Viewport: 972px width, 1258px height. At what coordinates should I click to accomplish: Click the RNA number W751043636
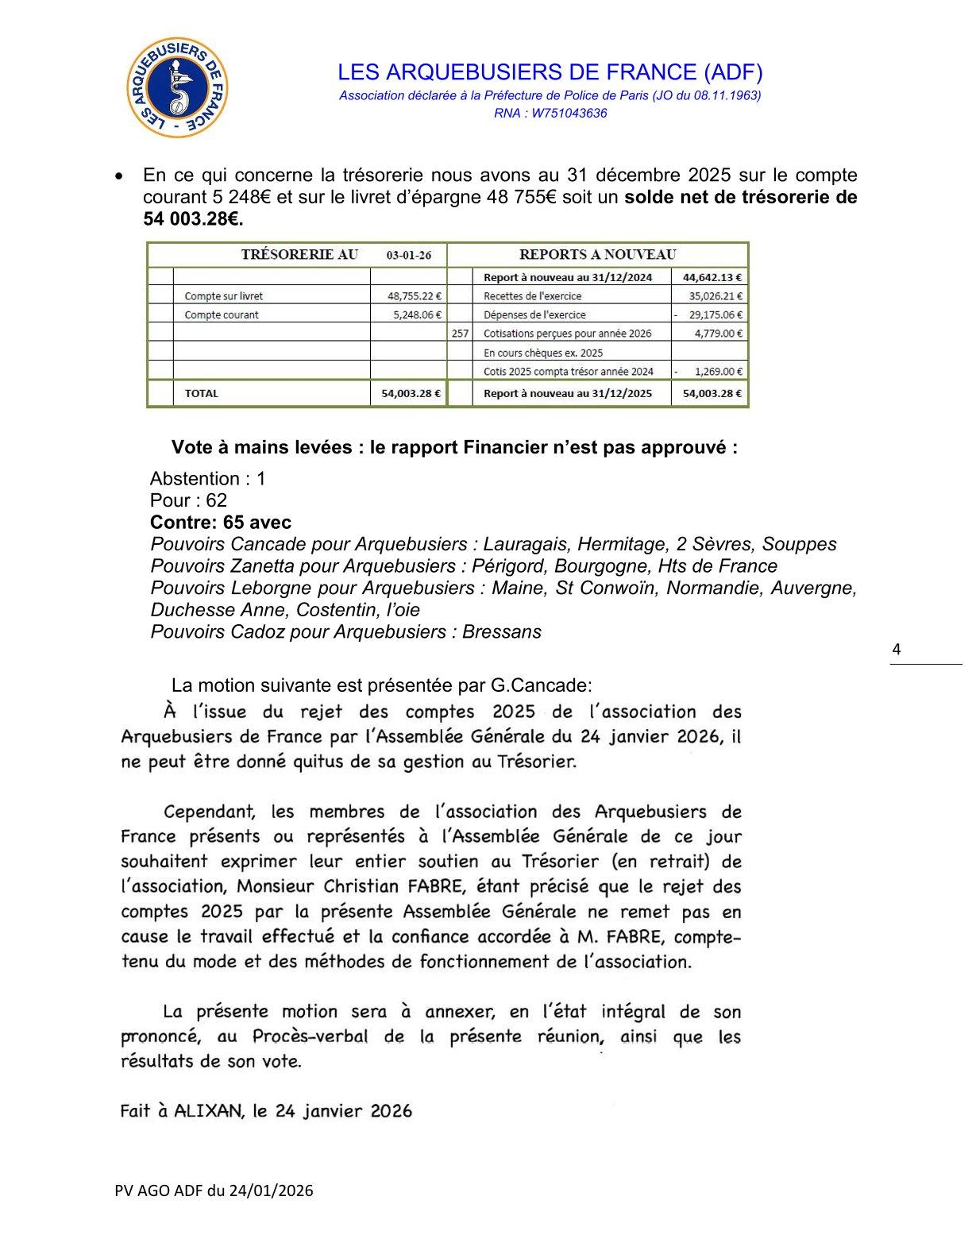coord(569,113)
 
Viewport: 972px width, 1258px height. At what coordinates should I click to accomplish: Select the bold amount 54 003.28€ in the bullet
coord(193,219)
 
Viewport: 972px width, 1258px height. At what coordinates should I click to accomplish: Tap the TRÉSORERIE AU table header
coord(299,255)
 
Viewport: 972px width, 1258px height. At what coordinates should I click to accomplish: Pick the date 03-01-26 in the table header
coord(409,256)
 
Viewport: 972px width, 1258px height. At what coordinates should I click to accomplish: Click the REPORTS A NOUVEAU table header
coord(597,255)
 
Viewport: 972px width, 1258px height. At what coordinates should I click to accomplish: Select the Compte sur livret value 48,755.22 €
coord(415,296)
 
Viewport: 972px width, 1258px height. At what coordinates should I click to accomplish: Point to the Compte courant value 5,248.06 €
coord(417,315)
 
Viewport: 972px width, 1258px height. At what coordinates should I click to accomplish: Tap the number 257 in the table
coord(460,334)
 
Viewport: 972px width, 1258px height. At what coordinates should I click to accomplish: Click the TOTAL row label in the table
coord(202,393)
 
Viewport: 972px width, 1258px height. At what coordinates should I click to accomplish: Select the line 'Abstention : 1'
coord(208,479)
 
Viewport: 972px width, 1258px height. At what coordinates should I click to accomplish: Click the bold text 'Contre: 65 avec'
coord(221,523)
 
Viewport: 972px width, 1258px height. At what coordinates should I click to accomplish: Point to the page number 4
coord(897,650)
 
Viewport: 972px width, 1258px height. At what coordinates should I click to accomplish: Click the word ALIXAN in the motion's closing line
coord(207,1110)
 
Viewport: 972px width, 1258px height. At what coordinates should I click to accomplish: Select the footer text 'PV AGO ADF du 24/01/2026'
coord(214,1190)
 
